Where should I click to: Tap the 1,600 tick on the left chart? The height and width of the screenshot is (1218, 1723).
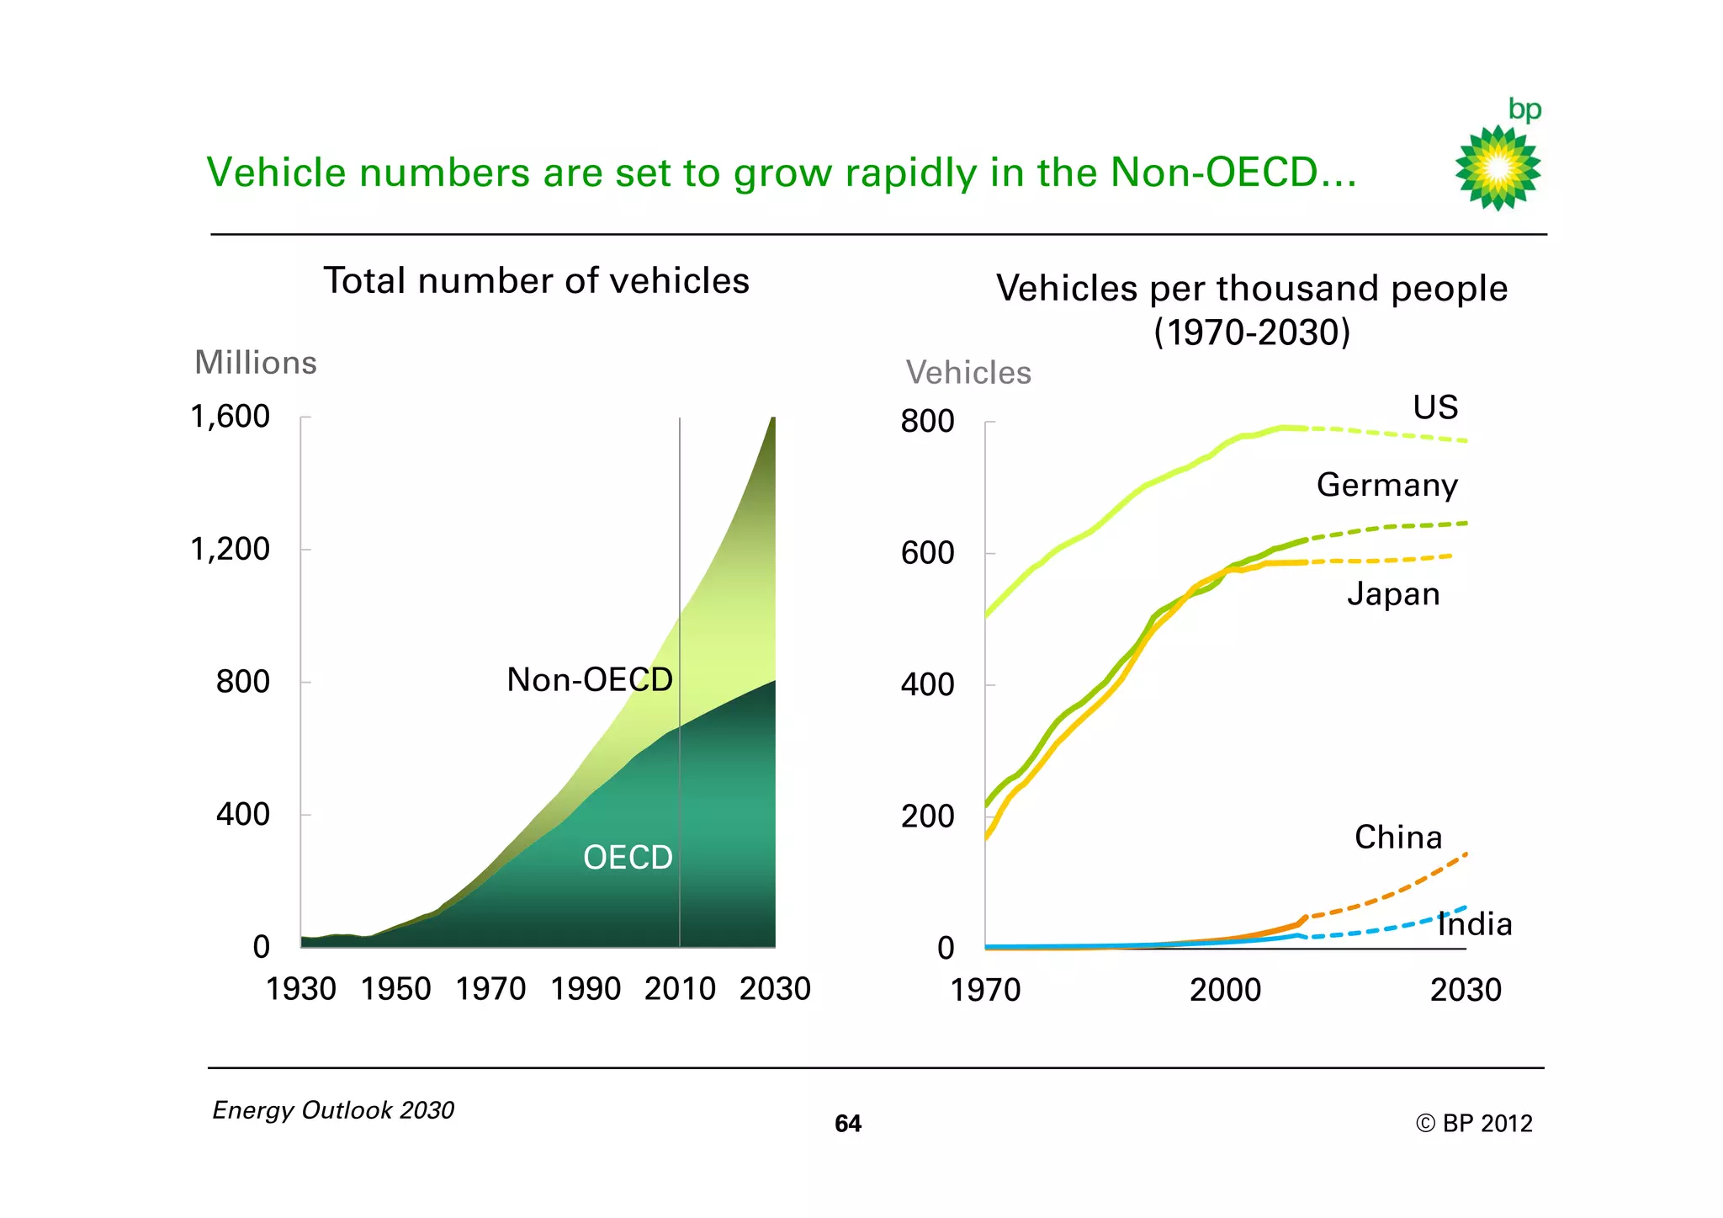click(x=231, y=417)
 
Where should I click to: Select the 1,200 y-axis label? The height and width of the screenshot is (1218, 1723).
click(x=231, y=549)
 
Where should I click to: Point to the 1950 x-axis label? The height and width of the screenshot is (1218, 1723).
click(x=395, y=988)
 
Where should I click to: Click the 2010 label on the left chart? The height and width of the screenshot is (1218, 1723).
click(x=680, y=988)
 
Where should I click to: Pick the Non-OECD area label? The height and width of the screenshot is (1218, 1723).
click(x=590, y=679)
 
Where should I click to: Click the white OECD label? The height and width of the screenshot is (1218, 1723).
click(x=628, y=858)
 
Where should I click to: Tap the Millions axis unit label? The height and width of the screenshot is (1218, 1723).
click(x=256, y=363)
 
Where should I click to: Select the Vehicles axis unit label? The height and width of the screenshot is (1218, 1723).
click(x=968, y=373)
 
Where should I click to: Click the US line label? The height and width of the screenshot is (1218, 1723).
click(x=1435, y=407)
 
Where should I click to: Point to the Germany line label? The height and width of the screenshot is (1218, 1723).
click(x=1387, y=485)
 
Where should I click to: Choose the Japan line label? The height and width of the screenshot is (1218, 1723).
click(x=1393, y=594)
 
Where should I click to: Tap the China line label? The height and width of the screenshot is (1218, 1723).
click(x=1398, y=838)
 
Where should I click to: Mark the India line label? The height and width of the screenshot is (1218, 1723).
click(x=1475, y=924)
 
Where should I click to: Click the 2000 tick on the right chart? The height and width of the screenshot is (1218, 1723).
click(x=1225, y=990)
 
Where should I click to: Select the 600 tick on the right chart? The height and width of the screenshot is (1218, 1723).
click(x=927, y=553)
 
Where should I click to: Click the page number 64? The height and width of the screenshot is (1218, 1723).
click(x=848, y=1124)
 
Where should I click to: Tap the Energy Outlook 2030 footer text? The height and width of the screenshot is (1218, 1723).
click(x=333, y=1110)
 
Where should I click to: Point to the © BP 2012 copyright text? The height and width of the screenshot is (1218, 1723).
click(x=1474, y=1124)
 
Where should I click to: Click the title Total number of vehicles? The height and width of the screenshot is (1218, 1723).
click(x=537, y=280)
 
